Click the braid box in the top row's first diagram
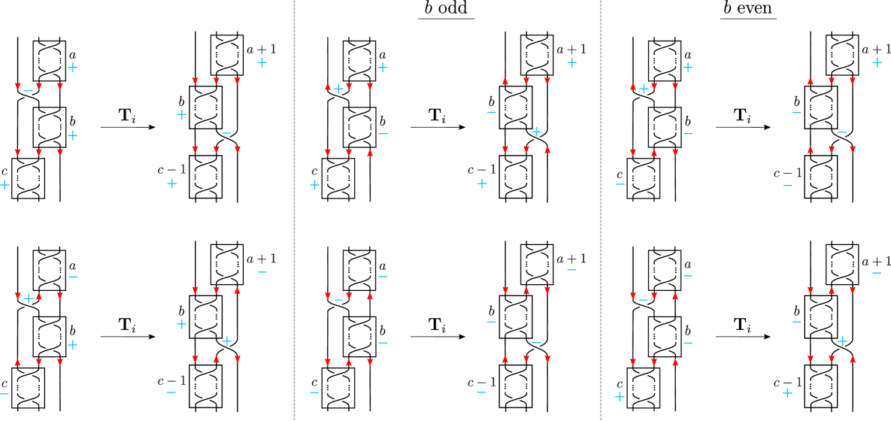(x=29, y=178)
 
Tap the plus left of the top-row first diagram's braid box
(x=5, y=185)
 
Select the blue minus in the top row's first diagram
(x=28, y=91)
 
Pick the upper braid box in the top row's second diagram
(x=205, y=108)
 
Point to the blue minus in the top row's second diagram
(x=226, y=134)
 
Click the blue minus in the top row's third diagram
(x=383, y=135)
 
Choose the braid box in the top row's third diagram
(x=338, y=178)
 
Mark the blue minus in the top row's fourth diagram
(x=491, y=114)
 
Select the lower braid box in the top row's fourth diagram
(x=516, y=177)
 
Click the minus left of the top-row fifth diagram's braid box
(x=620, y=184)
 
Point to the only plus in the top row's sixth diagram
(x=877, y=62)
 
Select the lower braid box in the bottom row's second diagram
(x=205, y=386)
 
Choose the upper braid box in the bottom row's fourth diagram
(x=516, y=317)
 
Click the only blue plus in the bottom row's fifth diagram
(x=620, y=397)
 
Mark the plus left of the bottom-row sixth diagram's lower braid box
(x=787, y=393)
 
